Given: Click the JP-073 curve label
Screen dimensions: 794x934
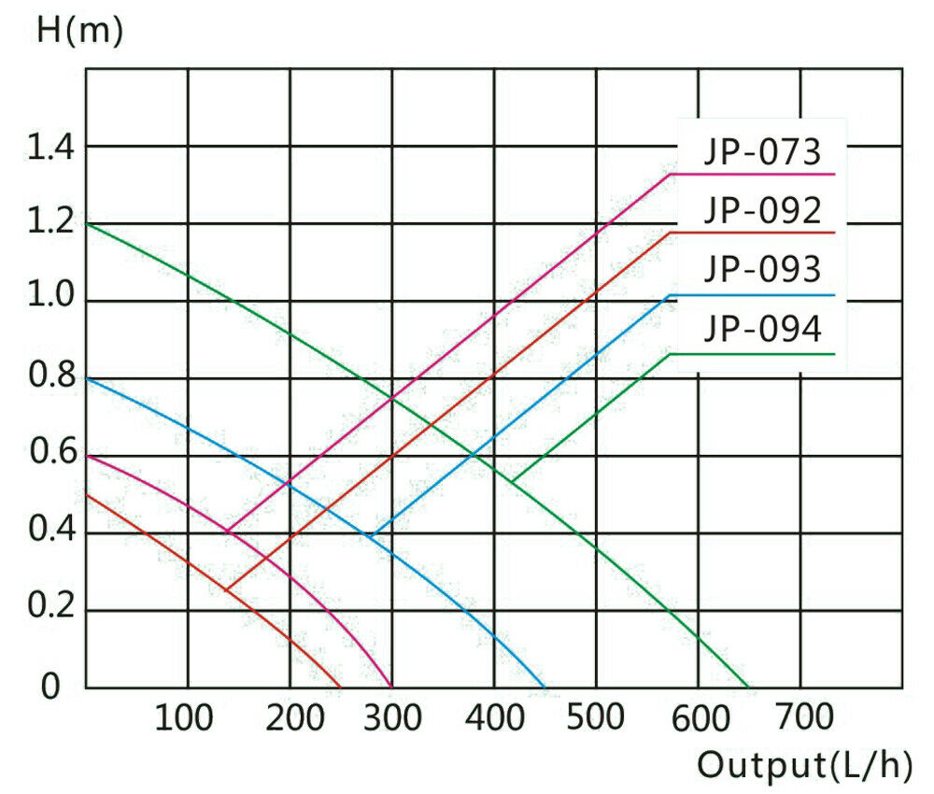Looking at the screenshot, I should [x=762, y=151].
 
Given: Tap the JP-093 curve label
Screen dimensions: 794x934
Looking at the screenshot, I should [x=762, y=270].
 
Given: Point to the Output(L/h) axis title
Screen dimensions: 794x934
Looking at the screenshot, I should [x=803, y=766].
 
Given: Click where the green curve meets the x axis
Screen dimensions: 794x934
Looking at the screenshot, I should [x=748, y=688].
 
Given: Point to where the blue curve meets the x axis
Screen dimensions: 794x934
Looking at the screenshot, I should [x=545, y=688].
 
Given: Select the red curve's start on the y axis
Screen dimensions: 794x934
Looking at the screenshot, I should [x=86, y=495].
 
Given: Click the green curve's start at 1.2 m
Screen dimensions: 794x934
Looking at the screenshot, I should [x=86, y=224].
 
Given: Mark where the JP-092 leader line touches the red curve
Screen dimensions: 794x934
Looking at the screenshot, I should [x=226, y=590].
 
